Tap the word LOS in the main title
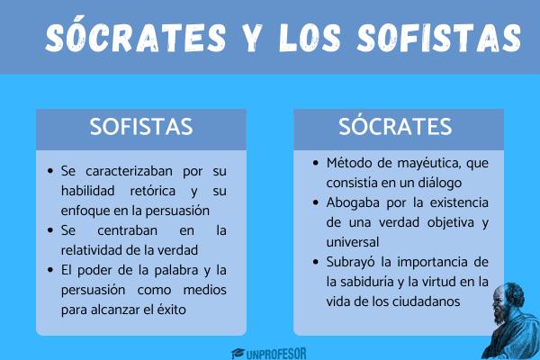tap(310, 38)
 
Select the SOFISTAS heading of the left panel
tap(141, 127)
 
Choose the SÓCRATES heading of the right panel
tap(395, 125)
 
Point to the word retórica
tap(153, 191)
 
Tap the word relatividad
tap(90, 250)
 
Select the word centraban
tap(127, 230)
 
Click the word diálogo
tap(439, 183)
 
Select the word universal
tap(352, 242)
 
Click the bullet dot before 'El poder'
tap(50, 270)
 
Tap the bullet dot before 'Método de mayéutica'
tap(316, 163)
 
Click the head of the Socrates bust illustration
tap(508, 300)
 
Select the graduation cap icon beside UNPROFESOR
tap(238, 354)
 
